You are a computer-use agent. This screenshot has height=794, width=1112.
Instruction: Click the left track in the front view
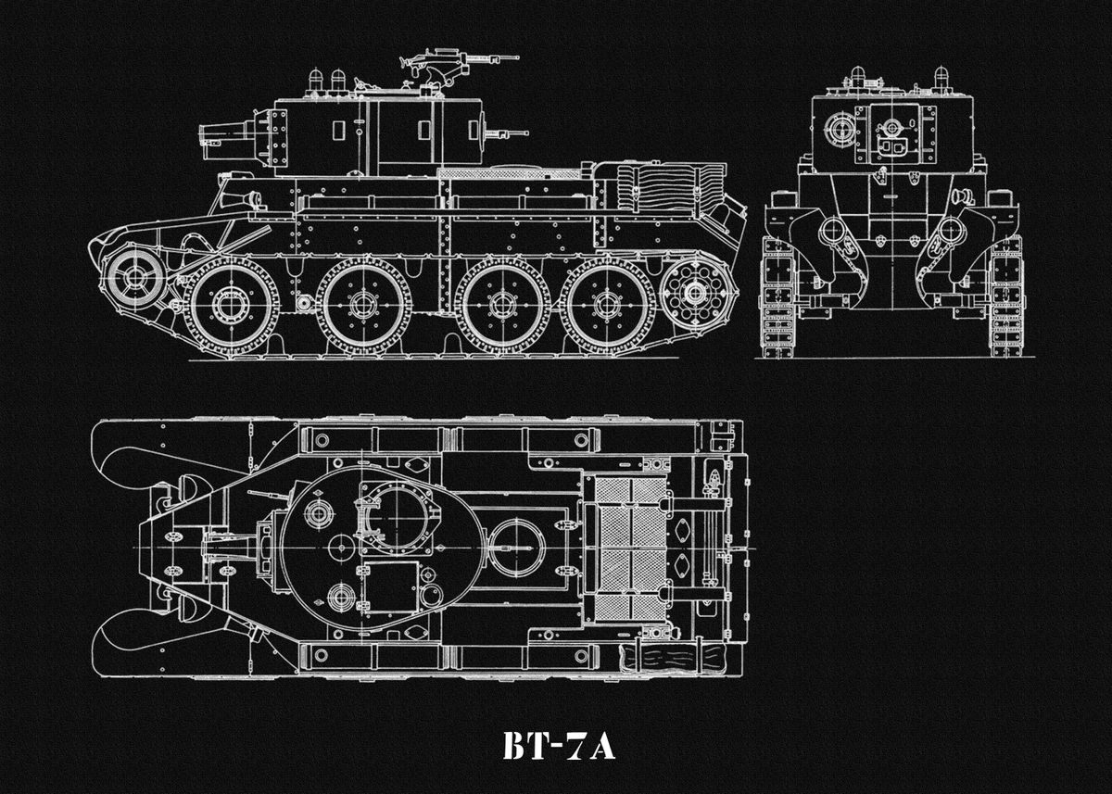coord(777,296)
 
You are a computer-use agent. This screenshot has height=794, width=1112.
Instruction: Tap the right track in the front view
coord(1006,296)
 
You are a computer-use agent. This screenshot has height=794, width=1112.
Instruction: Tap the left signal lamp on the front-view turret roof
coord(857,74)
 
